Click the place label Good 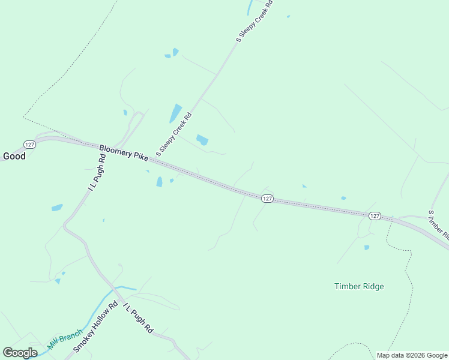pos(14,156)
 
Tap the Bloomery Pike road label pos(124,152)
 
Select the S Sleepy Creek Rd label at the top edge pos(255,22)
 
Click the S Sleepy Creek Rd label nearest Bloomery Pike pos(173,135)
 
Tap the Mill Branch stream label pos(64,340)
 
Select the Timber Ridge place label pos(359,287)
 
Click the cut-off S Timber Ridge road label pos(438,224)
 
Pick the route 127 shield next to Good pos(30,144)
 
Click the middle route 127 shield pos(268,198)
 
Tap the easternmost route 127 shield pos(375,215)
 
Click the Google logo pos(20,353)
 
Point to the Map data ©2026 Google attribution pos(412,355)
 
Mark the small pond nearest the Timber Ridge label pos(366,247)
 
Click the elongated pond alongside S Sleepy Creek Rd pos(175,113)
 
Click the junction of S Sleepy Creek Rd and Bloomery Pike pos(157,159)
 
